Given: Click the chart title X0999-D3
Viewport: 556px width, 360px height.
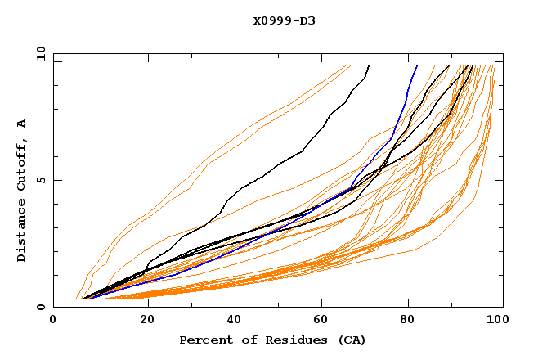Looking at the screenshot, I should click(284, 20).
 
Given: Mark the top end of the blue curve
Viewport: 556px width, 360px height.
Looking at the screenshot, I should click(417, 66).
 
